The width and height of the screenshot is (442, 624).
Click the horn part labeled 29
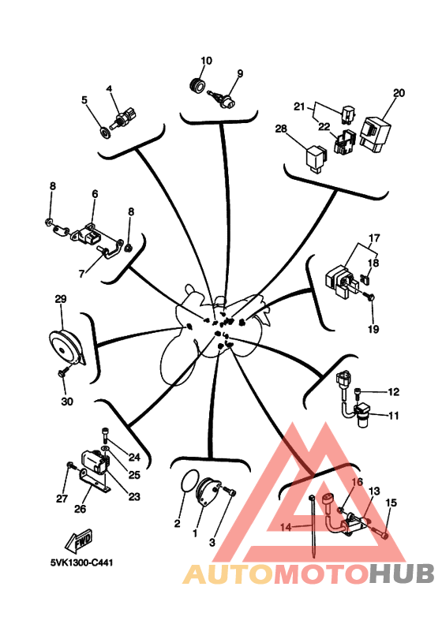66,349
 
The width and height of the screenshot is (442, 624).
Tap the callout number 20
399,93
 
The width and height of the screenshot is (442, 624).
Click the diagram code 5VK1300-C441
81,562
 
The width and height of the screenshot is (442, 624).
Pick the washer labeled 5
105,132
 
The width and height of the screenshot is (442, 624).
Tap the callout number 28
281,129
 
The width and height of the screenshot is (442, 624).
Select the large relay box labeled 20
375,133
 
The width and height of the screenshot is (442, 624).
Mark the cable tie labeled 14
314,526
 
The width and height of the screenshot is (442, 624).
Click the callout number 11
393,416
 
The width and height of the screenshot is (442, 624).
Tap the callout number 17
374,238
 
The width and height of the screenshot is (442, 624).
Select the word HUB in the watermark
401,574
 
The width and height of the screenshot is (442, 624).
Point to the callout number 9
240,73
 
